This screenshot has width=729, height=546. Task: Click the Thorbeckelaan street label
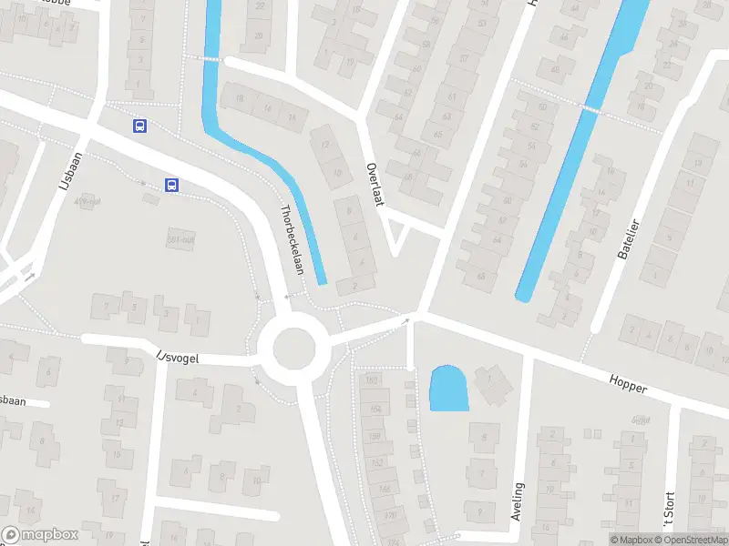click(x=292, y=239)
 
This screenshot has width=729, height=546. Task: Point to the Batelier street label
click(x=629, y=239)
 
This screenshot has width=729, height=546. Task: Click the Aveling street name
click(x=519, y=501)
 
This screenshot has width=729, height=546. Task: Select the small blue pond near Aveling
click(x=448, y=389)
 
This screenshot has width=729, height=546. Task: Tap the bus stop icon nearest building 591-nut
click(x=171, y=185)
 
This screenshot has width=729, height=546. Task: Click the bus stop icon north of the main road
click(x=139, y=126)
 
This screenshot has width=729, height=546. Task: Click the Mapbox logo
click(x=40, y=535)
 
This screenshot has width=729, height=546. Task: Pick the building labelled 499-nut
click(x=87, y=202)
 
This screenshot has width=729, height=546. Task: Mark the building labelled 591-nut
click(x=181, y=238)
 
